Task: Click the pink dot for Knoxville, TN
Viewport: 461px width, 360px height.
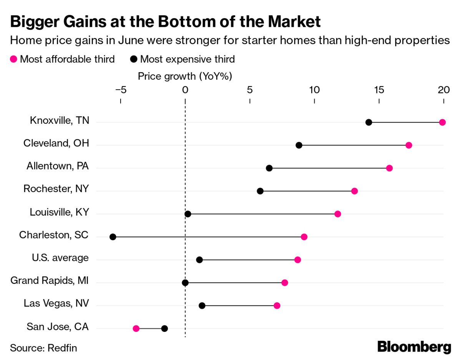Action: point(442,123)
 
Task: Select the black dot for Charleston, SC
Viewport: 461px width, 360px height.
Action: point(113,237)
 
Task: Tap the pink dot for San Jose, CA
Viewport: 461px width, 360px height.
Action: point(136,328)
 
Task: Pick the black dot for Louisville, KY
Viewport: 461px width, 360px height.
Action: point(188,214)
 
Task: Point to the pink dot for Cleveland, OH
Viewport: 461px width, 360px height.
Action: point(409,145)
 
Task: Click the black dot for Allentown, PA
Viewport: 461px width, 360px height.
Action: point(269,168)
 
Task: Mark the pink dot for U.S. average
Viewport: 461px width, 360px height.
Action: point(297,260)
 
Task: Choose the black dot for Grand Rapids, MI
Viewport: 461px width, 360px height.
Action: point(185,283)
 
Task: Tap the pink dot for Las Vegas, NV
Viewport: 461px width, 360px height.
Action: point(277,305)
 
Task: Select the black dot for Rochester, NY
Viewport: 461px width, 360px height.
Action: point(260,191)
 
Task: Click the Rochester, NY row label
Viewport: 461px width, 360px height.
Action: point(56,189)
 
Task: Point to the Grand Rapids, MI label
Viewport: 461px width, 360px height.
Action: point(50,280)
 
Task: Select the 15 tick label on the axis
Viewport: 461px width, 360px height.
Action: point(379,90)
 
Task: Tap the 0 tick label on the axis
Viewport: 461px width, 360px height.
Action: point(185,90)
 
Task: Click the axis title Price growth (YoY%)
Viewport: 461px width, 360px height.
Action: point(185,76)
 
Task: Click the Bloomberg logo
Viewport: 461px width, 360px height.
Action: point(414,347)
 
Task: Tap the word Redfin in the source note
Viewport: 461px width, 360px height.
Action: point(62,348)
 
